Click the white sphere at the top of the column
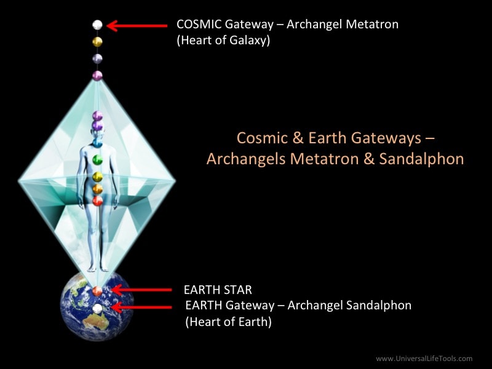(98, 25)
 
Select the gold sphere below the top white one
(98, 42)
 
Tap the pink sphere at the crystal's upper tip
(97, 76)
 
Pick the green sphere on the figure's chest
(98, 160)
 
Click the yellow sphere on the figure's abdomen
(98, 177)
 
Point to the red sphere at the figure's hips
(98, 201)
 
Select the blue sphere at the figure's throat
(98, 143)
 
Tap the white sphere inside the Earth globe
(98, 309)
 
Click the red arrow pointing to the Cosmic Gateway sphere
(137, 26)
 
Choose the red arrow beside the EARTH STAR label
(141, 290)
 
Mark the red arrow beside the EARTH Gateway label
(141, 307)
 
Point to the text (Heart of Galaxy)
(223, 41)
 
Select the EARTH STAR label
(218, 290)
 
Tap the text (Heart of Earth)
(228, 322)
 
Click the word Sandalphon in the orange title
(421, 159)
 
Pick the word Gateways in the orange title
(386, 138)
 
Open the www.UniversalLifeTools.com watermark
(424, 359)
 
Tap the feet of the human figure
(98, 268)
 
